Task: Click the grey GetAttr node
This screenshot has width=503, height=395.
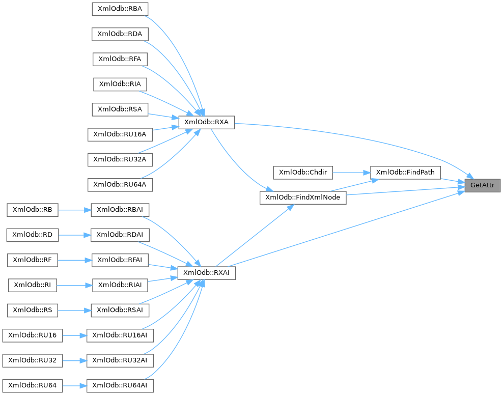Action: pos(483,185)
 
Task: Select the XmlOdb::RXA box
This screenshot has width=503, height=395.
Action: pos(206,122)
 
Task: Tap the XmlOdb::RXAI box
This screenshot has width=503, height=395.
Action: pos(206,272)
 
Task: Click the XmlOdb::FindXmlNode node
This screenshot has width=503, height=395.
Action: pos(303,197)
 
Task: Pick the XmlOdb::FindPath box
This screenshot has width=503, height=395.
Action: pos(405,173)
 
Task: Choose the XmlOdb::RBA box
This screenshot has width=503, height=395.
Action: pos(120,9)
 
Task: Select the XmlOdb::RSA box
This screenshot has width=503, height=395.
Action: pos(120,109)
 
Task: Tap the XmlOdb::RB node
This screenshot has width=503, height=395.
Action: pos(33,209)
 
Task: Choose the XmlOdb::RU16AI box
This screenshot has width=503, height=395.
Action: pos(120,335)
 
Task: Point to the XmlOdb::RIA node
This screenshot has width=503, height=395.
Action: pos(120,84)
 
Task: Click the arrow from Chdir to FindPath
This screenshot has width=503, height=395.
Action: pos(351,173)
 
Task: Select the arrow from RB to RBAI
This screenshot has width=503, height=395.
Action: pos(74,209)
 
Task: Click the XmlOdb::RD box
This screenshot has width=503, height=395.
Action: pos(33,235)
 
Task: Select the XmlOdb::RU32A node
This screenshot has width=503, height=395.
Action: pos(120,159)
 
